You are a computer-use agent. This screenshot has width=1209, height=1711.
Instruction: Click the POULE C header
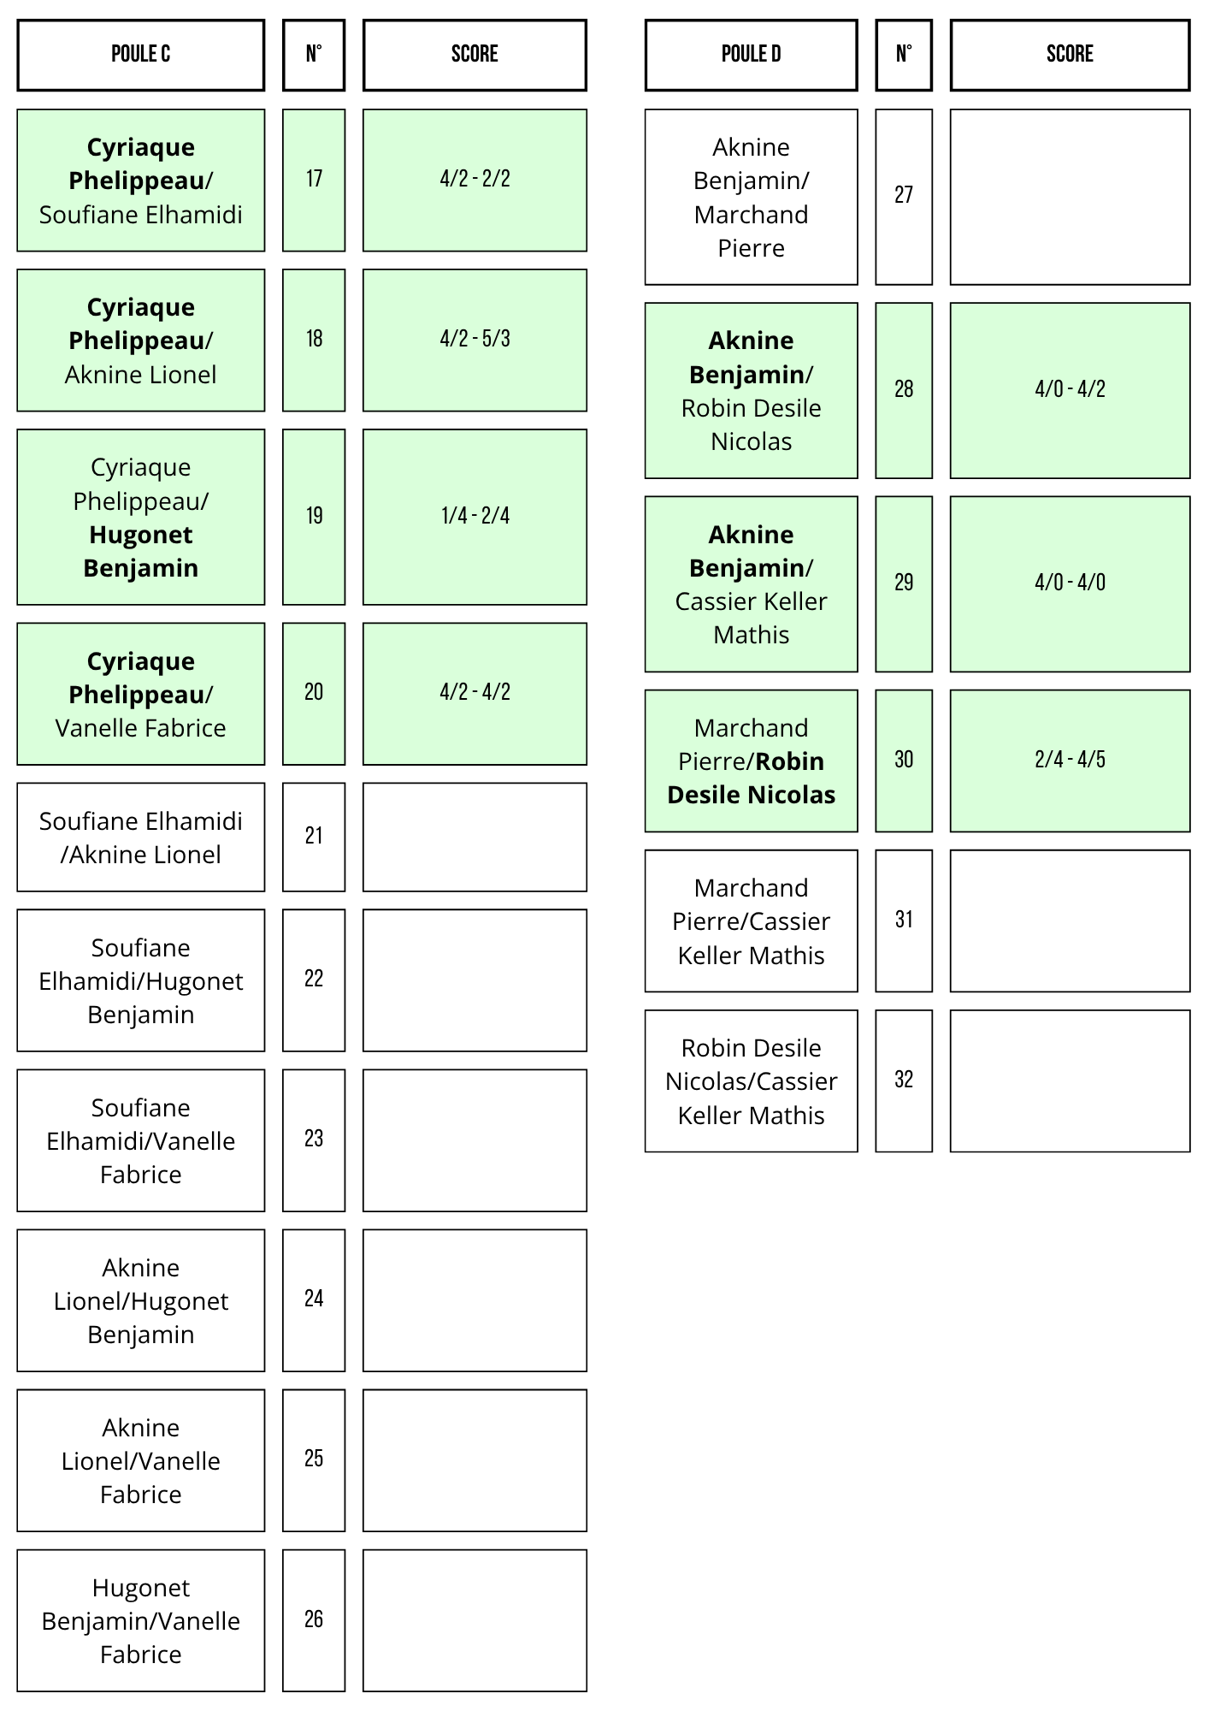click(x=141, y=55)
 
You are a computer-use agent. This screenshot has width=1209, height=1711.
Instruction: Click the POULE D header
click(x=751, y=55)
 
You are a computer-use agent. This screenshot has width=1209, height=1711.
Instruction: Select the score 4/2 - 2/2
click(x=475, y=179)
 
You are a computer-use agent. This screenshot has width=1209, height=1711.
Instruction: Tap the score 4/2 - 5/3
click(x=475, y=339)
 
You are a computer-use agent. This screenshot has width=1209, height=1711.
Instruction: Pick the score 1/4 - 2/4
click(x=475, y=516)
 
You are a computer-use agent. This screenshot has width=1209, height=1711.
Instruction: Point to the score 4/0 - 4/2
click(x=1070, y=389)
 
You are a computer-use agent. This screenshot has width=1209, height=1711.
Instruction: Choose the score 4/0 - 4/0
click(x=1070, y=583)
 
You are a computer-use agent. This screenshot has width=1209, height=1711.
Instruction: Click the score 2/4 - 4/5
click(x=1070, y=760)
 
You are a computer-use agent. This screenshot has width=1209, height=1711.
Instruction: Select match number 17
click(x=314, y=179)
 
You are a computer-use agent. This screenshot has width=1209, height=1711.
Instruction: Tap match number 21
click(x=314, y=836)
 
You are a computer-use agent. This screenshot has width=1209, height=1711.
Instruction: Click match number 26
click(x=314, y=1619)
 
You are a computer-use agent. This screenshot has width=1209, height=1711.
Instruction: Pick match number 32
click(x=904, y=1080)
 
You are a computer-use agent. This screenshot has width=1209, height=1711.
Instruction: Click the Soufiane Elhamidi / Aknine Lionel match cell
click(x=141, y=838)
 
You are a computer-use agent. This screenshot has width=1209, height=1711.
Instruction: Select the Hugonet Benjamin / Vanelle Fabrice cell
click(x=141, y=1620)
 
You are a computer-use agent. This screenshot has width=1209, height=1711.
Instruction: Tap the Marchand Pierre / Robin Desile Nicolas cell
click(x=751, y=761)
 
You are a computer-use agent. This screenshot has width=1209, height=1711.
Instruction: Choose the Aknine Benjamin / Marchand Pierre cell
click(x=751, y=197)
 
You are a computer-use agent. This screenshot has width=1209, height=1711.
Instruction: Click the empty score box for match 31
click(x=1070, y=921)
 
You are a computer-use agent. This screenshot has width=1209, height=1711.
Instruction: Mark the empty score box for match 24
click(x=475, y=1300)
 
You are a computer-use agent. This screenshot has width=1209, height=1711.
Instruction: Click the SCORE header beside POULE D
click(x=1070, y=55)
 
